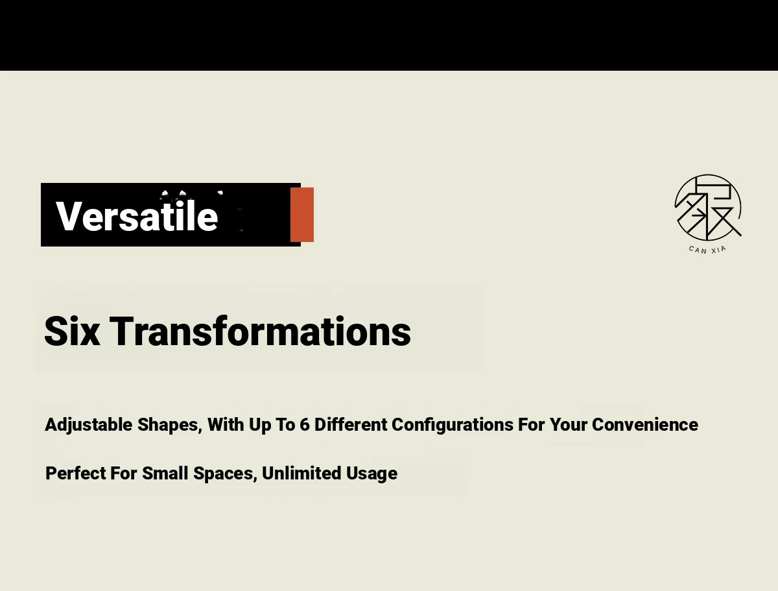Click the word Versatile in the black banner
tap(137, 215)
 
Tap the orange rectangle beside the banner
tap(302, 215)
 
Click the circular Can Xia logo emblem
tap(708, 208)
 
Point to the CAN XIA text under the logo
tap(707, 250)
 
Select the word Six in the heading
tap(72, 331)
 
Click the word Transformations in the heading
tap(260, 331)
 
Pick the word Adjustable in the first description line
tap(89, 425)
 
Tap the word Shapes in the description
tap(170, 425)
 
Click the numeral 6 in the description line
tap(305, 424)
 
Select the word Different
tap(351, 424)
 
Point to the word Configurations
tap(453, 425)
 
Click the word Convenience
tap(645, 424)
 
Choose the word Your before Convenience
tap(569, 424)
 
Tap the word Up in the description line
tap(260, 425)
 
